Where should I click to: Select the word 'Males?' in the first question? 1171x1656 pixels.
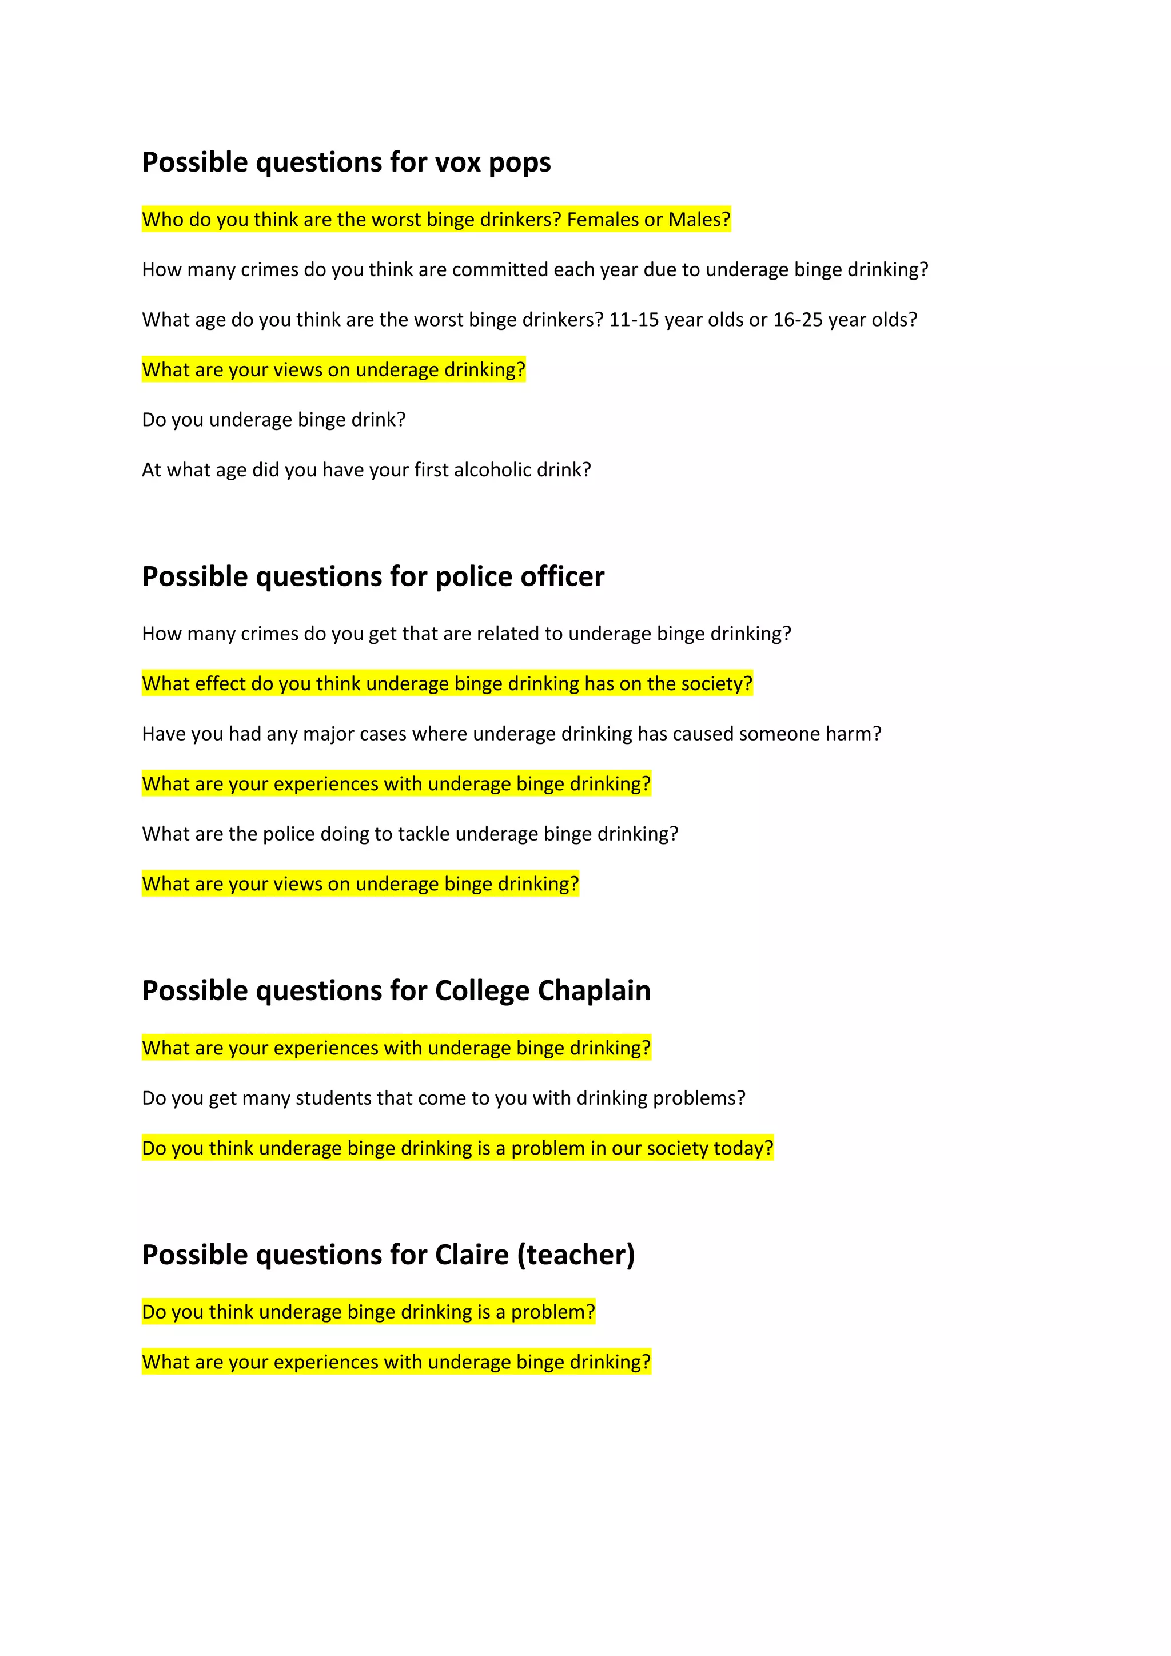pyautogui.click(x=699, y=219)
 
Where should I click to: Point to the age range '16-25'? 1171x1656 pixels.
pyautogui.click(x=798, y=320)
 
